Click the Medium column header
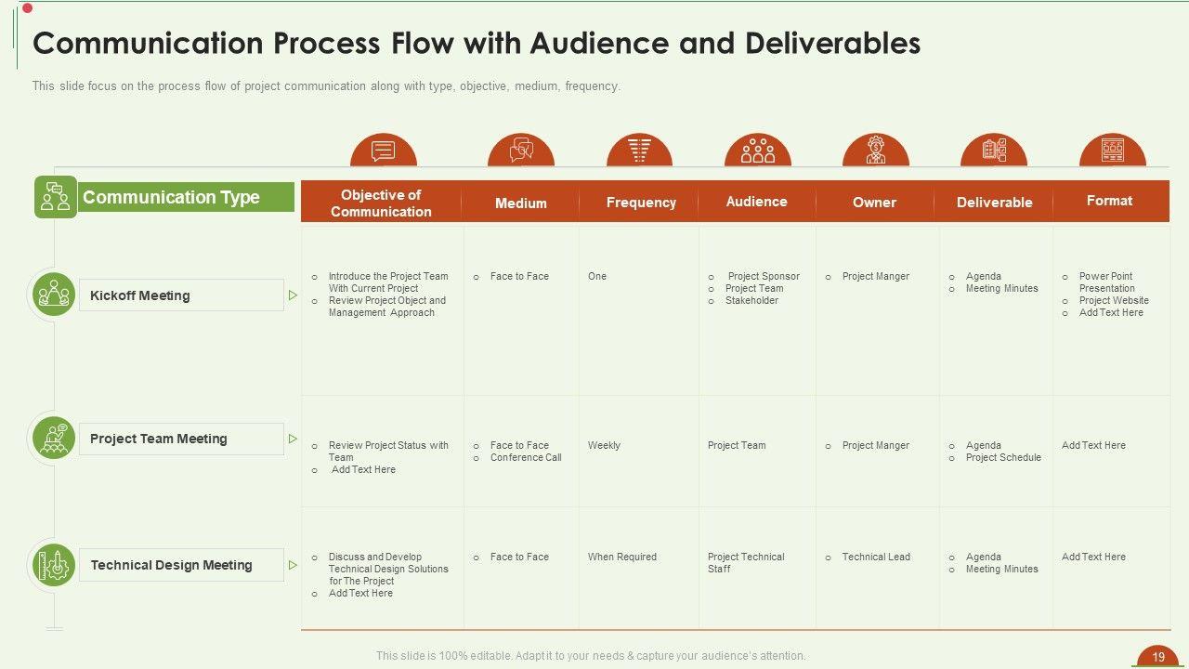pos(520,203)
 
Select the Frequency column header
pos(641,203)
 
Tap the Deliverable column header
pos(994,203)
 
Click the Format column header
pos(1109,201)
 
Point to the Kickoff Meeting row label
pos(140,295)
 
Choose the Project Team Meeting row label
pos(159,439)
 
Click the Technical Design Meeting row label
pos(172,565)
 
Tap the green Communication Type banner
pos(172,197)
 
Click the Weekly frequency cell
pos(604,446)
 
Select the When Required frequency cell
pos(621,557)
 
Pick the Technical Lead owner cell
pos(876,557)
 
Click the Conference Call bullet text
pos(526,458)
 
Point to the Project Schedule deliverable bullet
pos(1003,458)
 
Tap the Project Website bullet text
pos(1114,301)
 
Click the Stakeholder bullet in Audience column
pos(751,301)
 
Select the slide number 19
pos(1158,657)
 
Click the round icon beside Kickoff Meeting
pos(54,295)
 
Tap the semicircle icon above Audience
pos(757,151)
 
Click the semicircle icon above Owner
pos(875,151)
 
